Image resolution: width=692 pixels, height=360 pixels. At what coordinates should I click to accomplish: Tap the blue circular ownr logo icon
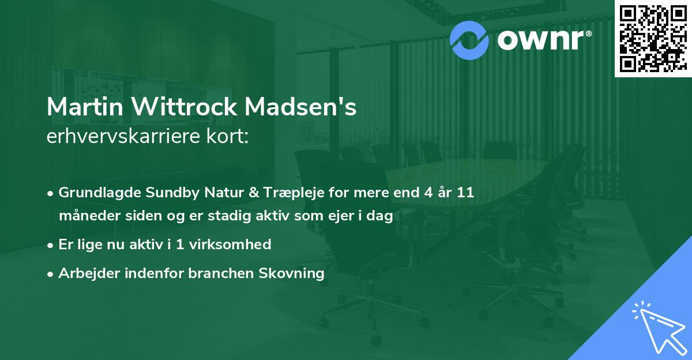point(469,39)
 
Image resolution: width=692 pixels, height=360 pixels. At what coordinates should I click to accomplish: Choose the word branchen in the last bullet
point(227,273)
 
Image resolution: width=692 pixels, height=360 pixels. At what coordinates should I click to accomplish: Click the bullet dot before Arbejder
point(51,273)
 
